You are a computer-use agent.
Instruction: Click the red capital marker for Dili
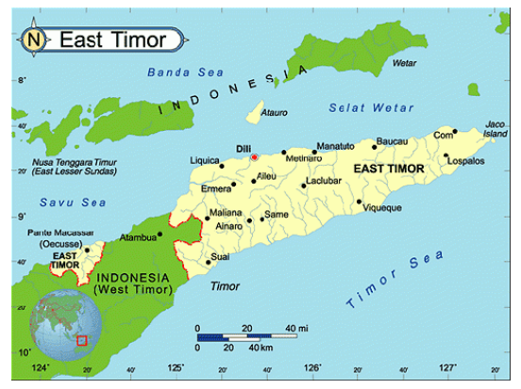coord(254,157)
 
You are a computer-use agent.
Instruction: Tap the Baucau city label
coord(391,141)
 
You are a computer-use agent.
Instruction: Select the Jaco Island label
coord(495,129)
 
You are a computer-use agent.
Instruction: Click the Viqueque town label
coord(382,208)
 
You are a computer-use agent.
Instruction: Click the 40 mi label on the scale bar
coord(296,328)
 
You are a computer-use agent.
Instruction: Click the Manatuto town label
coord(335,148)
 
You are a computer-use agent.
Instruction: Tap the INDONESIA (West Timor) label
coord(132,284)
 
